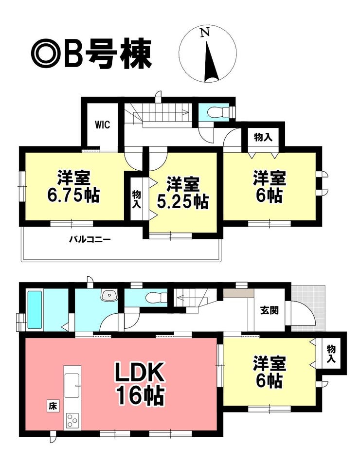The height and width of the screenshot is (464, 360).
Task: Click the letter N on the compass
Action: click(205, 32)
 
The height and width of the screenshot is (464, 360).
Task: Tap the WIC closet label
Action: click(103, 125)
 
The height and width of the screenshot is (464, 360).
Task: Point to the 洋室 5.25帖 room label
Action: click(182, 193)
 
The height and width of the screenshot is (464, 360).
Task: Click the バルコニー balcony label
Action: click(90, 239)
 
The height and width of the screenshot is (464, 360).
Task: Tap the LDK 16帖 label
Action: click(140, 385)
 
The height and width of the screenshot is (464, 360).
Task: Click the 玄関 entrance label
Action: click(269, 310)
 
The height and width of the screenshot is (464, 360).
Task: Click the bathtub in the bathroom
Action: click(35, 309)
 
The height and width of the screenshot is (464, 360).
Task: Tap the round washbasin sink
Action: click(109, 295)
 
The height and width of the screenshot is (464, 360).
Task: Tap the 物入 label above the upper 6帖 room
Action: click(263, 137)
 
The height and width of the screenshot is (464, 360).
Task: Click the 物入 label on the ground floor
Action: click(331, 354)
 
